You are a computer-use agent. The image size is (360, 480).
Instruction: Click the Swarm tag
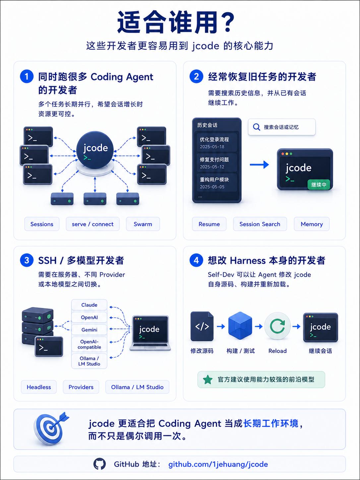(x=143, y=224)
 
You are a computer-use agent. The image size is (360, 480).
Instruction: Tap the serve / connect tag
(x=93, y=224)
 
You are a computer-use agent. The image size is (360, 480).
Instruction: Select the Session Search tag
(x=260, y=224)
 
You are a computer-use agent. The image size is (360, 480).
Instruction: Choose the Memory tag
(x=312, y=224)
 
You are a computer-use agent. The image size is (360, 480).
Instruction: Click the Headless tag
(x=39, y=387)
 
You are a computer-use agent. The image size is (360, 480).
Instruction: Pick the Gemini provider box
(x=89, y=330)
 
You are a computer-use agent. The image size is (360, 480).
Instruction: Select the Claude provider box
(x=89, y=305)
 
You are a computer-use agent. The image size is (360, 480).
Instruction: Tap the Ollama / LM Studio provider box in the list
(x=89, y=361)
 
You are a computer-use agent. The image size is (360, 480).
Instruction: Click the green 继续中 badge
(x=319, y=185)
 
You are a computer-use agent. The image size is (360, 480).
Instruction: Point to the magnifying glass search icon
(x=256, y=127)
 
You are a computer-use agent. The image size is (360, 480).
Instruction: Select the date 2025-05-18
(x=212, y=147)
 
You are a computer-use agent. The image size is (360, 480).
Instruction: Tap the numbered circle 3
(x=27, y=260)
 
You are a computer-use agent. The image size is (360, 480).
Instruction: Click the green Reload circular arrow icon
(x=277, y=326)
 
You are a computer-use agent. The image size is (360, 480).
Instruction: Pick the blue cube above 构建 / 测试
(x=240, y=326)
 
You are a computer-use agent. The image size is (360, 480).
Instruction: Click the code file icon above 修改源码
(x=202, y=326)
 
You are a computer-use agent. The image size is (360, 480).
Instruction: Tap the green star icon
(x=208, y=380)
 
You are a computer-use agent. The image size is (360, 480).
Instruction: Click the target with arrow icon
(x=51, y=428)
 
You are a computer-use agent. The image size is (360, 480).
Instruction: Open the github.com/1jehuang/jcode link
(x=218, y=464)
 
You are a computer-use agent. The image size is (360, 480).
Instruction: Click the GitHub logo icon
(x=100, y=464)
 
